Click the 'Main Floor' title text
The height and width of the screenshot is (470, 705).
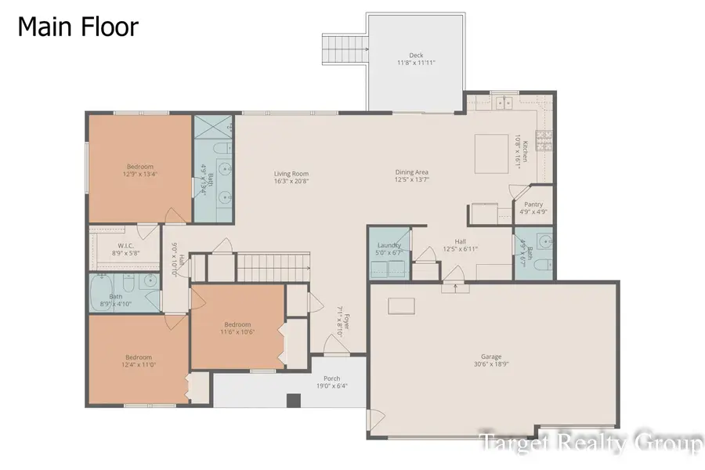78,27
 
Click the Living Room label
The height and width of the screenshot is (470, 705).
291,174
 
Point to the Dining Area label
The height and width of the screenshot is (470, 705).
411,173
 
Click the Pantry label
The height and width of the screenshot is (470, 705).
533,204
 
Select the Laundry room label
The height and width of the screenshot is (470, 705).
389,245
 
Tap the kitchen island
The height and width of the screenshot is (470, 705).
492,149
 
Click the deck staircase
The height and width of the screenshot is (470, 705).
345,52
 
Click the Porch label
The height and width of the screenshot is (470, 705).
331,378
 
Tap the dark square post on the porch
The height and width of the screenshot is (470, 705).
293,401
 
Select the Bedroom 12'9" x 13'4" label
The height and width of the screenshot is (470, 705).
140,166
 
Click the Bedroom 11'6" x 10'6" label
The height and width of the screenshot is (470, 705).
237,324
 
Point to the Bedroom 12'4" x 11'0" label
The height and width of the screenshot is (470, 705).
138,356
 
